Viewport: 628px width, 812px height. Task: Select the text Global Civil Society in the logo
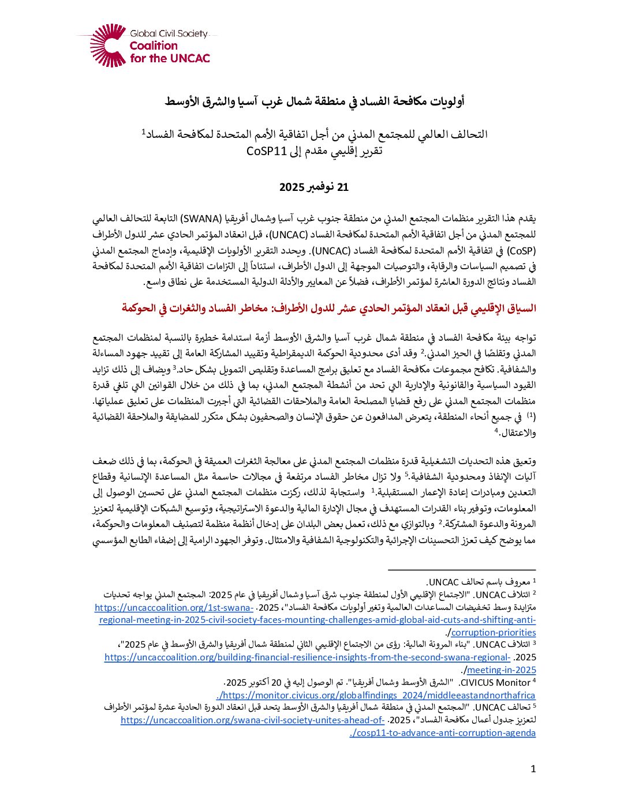[169, 34]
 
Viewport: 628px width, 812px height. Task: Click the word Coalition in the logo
[154, 46]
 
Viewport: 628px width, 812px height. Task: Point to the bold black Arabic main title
[314, 101]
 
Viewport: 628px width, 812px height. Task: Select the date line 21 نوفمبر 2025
[314, 187]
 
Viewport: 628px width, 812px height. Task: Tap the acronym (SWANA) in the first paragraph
[201, 219]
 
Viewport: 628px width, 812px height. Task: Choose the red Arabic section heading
[329, 308]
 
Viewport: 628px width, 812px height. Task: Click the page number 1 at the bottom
[533, 769]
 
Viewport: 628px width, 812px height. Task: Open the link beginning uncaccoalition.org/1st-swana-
[174, 607]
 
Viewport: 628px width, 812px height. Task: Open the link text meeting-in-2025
[501, 670]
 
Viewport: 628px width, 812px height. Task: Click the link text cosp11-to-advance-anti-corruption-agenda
[443, 732]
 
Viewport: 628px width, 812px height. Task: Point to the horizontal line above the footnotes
[462, 570]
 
